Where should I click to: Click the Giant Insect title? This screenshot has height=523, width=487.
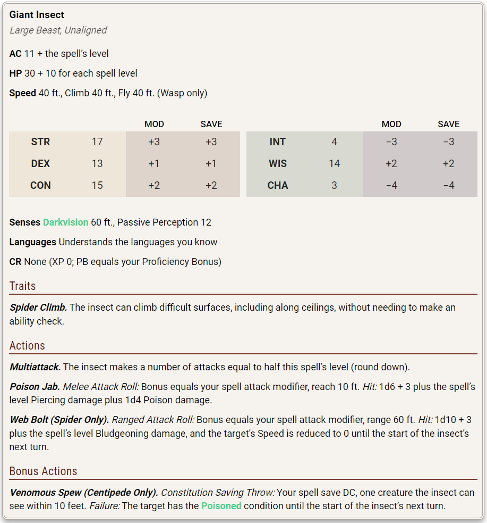[37, 15]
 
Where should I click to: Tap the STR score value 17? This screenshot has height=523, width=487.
[97, 142]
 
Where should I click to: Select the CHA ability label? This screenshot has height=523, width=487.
[278, 186]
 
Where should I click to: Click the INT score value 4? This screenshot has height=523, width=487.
[334, 142]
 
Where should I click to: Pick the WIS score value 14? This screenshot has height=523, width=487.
[334, 164]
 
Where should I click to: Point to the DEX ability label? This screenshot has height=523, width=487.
[40, 164]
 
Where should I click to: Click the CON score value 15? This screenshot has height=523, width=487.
[97, 186]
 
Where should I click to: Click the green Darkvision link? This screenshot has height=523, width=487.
[66, 222]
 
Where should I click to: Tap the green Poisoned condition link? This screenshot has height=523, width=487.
[221, 506]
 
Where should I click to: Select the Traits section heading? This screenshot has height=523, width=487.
[23, 286]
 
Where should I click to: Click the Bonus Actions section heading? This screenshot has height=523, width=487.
[43, 471]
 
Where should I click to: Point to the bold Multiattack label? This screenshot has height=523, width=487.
[35, 367]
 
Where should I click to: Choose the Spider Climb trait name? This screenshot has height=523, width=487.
[38, 308]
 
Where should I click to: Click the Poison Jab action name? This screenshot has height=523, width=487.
[35, 387]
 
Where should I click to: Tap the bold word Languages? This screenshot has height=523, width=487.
[32, 242]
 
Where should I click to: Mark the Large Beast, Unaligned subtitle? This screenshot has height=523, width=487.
[58, 30]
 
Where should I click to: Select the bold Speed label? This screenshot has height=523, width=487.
[22, 93]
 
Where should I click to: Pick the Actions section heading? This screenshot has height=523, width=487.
[27, 346]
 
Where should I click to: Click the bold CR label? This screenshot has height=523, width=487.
[15, 262]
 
